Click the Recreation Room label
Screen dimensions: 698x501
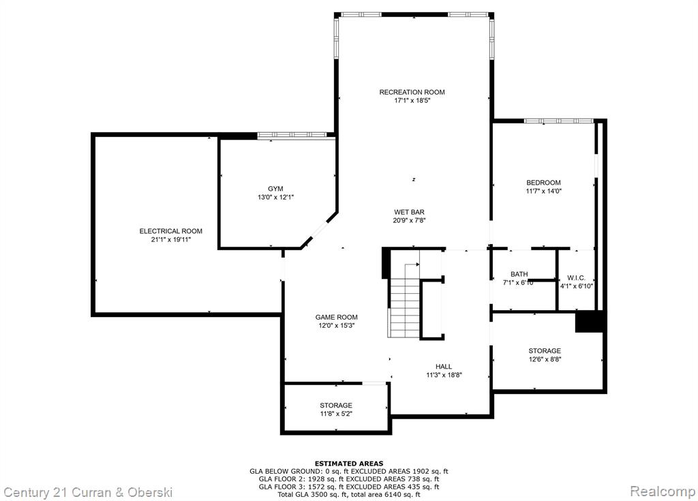tap(412, 92)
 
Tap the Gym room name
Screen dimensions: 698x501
tap(275, 189)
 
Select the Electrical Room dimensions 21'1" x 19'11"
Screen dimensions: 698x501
tap(171, 239)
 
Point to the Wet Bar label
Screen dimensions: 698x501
tap(409, 212)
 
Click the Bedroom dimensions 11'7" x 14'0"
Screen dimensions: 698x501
tap(543, 191)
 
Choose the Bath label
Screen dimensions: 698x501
tap(519, 274)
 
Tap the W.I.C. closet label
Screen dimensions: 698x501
tap(577, 278)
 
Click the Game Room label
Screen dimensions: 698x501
tap(337, 317)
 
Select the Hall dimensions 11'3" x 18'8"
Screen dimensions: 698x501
tap(444, 375)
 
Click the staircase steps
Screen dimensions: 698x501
tap(404, 301)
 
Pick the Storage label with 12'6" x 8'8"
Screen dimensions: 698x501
tap(545, 351)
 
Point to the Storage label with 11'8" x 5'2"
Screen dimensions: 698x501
tap(336, 406)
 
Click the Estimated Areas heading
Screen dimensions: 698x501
tap(349, 464)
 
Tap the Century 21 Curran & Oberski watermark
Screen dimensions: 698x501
tap(88, 492)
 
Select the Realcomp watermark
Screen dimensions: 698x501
tap(663, 491)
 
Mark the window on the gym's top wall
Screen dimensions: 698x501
tap(292, 134)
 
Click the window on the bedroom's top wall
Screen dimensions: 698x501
tap(558, 121)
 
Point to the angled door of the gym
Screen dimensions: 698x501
tap(319, 230)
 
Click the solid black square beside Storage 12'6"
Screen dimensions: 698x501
tap(590, 321)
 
